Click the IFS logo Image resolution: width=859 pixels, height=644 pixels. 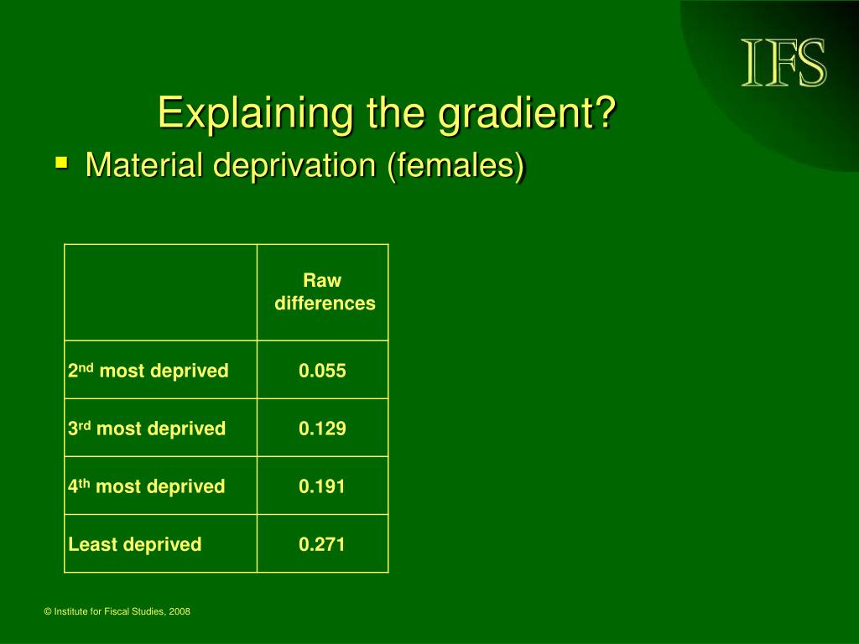coord(784,62)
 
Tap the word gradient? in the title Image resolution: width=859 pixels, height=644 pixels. coord(528,113)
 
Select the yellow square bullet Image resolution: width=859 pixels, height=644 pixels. coord(62,163)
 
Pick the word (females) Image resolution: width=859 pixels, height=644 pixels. coord(456,165)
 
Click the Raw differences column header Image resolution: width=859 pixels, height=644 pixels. coord(325,291)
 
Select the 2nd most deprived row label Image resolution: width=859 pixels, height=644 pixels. coord(148,370)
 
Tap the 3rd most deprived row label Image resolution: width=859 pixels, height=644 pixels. coord(147,428)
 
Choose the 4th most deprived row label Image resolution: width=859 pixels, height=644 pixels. coord(146,486)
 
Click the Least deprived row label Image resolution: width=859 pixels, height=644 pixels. coord(135,544)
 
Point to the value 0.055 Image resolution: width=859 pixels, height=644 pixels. coord(322,371)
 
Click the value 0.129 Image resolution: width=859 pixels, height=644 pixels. coord(322,428)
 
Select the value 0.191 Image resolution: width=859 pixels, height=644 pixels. coord(322,486)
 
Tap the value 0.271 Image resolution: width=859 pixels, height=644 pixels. coord(322,544)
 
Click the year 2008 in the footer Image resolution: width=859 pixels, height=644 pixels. coord(180,611)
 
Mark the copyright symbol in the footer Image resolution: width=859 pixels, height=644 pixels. coord(48,611)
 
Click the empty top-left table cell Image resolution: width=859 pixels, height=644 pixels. coord(160,293)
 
